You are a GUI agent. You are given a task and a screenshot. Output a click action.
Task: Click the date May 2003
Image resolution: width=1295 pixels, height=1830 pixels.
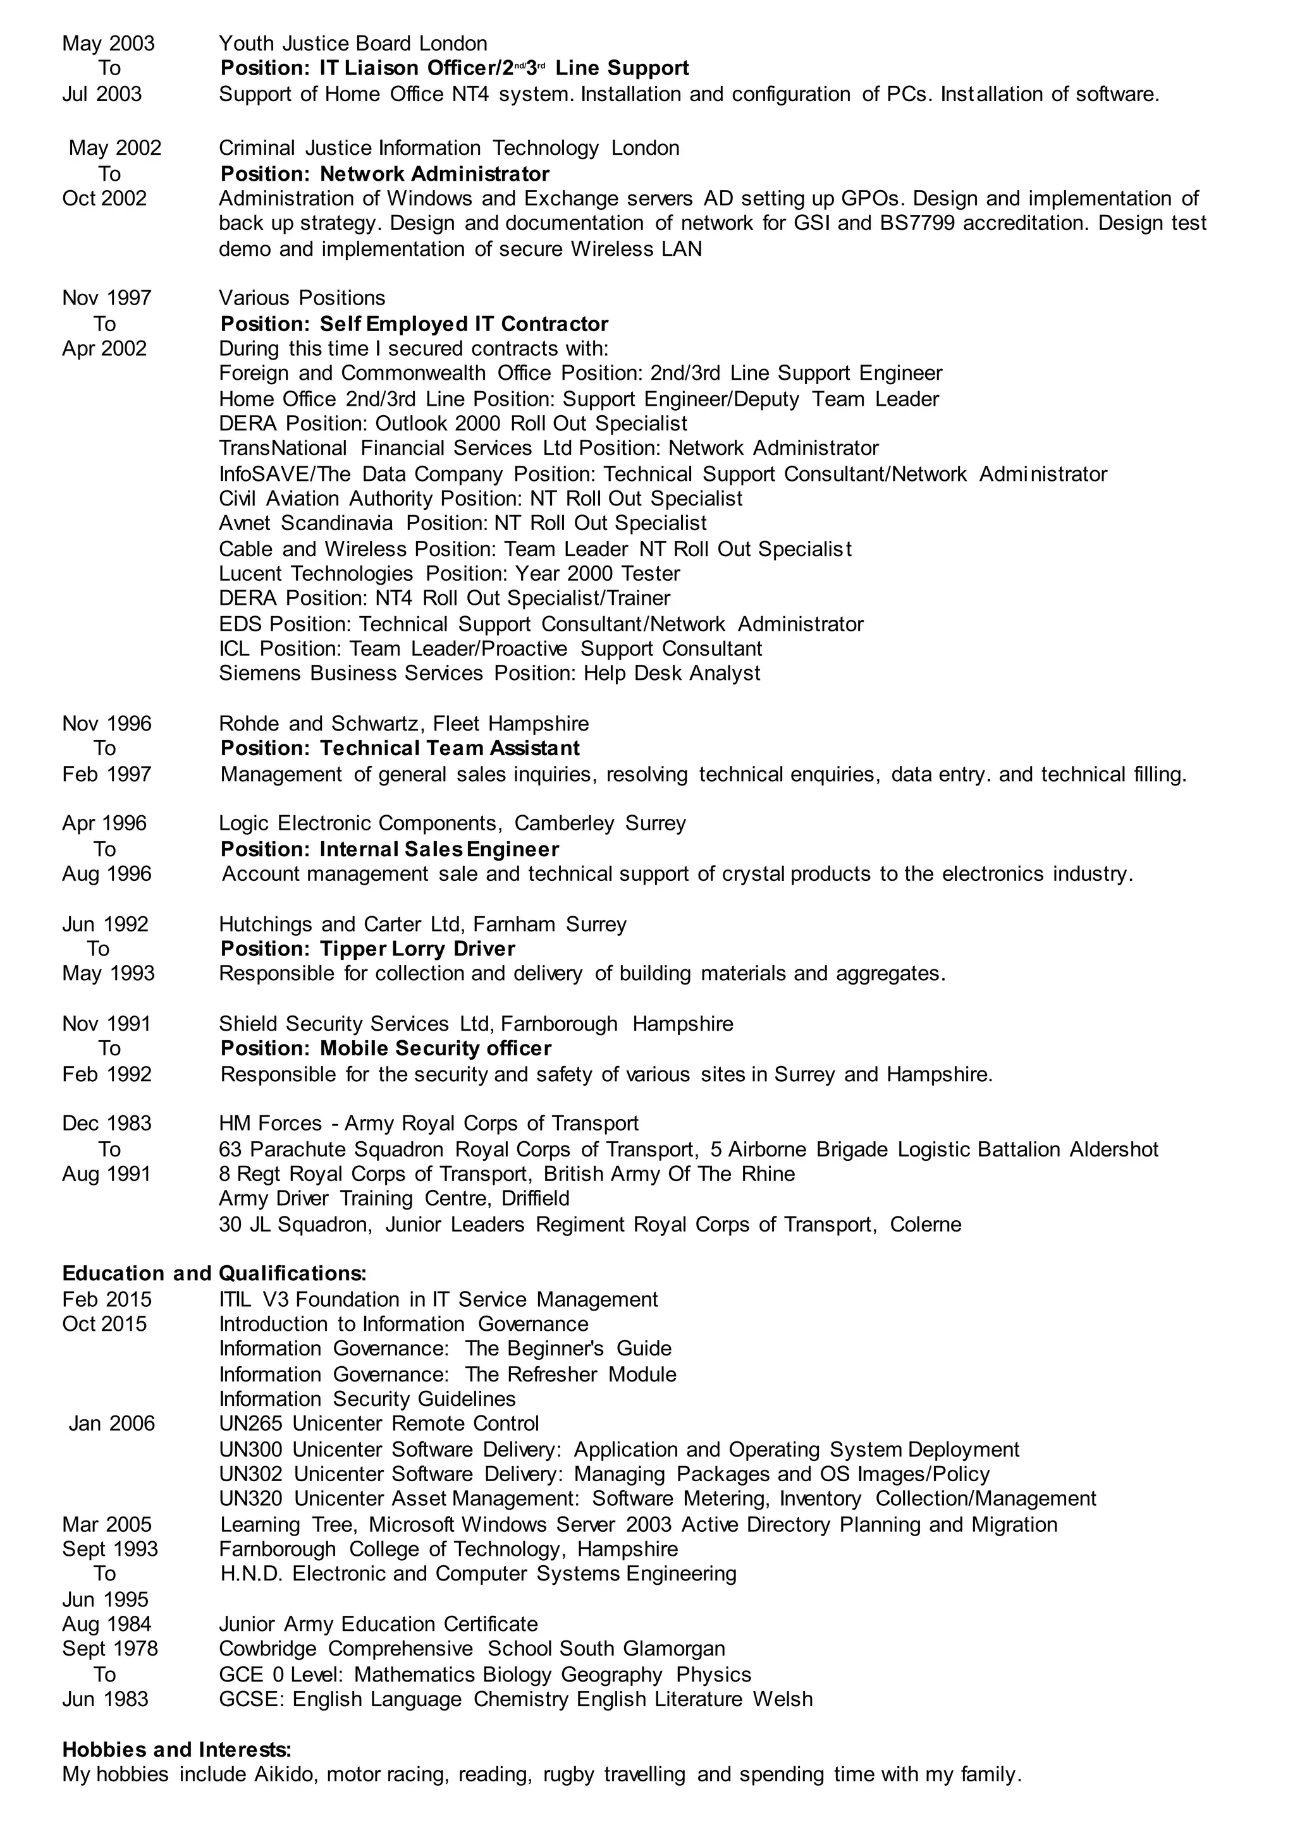coord(109,44)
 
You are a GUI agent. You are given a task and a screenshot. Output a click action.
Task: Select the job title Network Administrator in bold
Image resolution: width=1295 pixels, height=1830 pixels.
coord(434,174)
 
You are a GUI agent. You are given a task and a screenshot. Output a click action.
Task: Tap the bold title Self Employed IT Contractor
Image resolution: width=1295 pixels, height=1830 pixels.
coord(463,324)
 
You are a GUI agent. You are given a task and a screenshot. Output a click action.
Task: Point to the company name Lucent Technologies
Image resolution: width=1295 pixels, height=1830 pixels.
coord(316,573)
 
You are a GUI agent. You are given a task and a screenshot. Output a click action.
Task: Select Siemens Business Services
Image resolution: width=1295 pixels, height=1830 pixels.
coord(351,673)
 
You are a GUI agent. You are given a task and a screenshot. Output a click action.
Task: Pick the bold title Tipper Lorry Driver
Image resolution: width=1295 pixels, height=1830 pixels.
coord(417,948)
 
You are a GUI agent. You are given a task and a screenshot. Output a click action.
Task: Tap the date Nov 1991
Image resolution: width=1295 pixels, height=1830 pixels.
coord(106,1024)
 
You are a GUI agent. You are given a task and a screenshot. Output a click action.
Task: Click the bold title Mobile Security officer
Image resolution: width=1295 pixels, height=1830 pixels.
coord(436,1048)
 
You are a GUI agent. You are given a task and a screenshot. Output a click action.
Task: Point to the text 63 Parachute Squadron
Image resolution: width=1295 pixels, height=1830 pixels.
coord(330,1149)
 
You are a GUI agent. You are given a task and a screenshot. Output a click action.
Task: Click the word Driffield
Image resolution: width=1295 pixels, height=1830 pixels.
coord(535,1199)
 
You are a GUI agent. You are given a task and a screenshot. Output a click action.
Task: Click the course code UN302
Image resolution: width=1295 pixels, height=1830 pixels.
coord(250,1474)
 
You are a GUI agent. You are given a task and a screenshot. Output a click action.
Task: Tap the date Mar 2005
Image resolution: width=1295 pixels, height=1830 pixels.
coord(106,1524)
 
